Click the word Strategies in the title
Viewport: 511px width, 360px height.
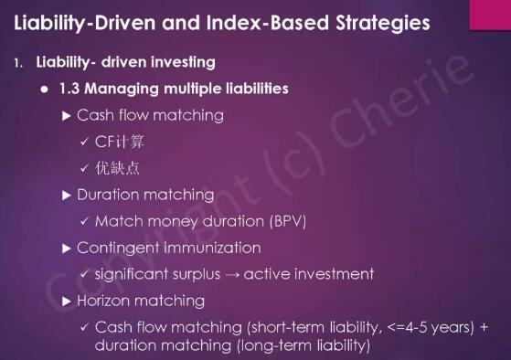pyautogui.click(x=383, y=24)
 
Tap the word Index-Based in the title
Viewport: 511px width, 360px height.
pyautogui.click(x=268, y=22)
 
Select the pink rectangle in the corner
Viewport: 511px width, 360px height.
pyautogui.click(x=490, y=15)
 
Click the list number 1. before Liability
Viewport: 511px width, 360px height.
pyautogui.click(x=18, y=63)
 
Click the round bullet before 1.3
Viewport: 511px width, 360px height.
pyautogui.click(x=44, y=89)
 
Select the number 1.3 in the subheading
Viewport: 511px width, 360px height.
pyautogui.click(x=69, y=89)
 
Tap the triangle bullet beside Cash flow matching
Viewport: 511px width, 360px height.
pyautogui.click(x=67, y=116)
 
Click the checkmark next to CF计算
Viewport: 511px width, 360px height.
pyautogui.click(x=84, y=142)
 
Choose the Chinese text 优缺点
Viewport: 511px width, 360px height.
pyautogui.click(x=117, y=168)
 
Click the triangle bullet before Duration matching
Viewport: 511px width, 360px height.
pyautogui.click(x=67, y=196)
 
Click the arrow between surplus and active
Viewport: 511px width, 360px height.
pyautogui.click(x=232, y=275)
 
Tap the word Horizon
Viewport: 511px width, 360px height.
pyautogui.click(x=103, y=301)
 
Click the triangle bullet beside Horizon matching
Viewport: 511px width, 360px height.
pyautogui.click(x=67, y=302)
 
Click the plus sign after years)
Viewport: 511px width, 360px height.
pyautogui.click(x=484, y=327)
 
